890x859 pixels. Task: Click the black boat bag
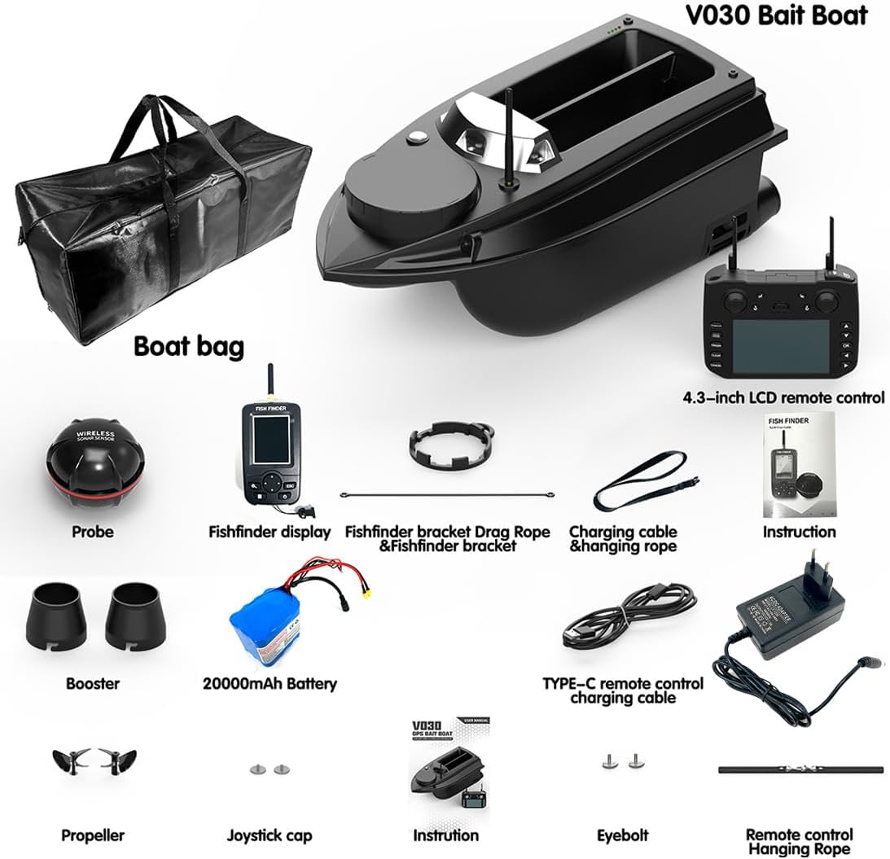coord(163,228)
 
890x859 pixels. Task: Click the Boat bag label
coord(188,346)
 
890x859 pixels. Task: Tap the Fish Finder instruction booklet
coord(799,464)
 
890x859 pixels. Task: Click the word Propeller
coord(93,835)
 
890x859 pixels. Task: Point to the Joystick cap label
coord(269,835)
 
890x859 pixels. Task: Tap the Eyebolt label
coord(623,835)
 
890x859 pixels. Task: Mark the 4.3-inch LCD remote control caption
coord(783,398)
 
